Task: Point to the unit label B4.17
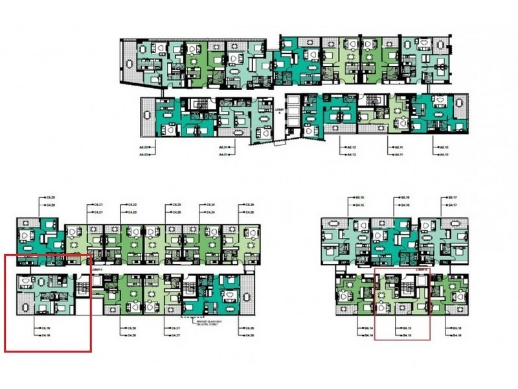point(454,205)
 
